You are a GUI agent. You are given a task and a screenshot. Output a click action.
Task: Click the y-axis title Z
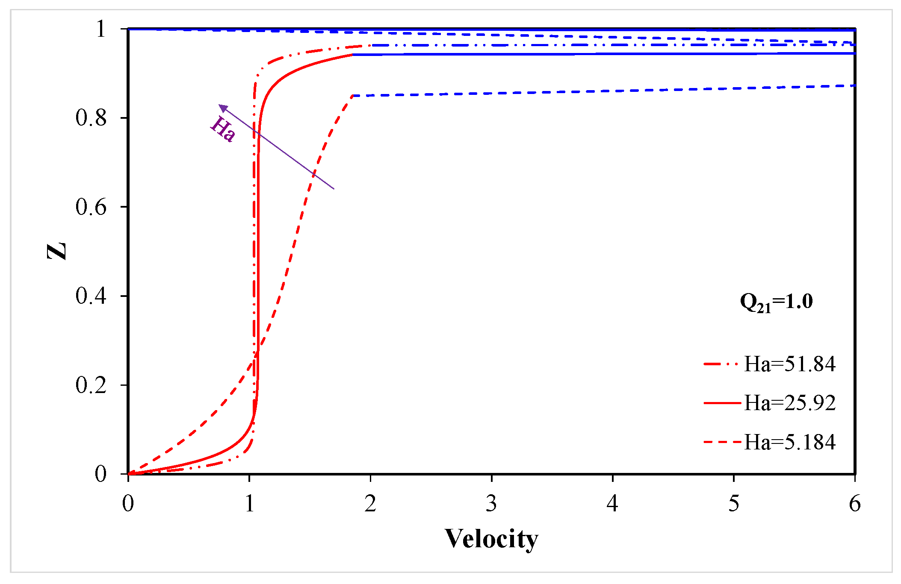click(x=57, y=251)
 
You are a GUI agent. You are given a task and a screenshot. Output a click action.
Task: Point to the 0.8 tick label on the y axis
click(x=91, y=117)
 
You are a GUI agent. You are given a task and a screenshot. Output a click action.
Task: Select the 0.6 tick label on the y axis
click(x=91, y=207)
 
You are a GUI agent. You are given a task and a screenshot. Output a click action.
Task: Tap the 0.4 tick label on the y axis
click(x=91, y=296)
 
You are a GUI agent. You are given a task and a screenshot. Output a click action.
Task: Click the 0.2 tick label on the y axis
click(x=91, y=384)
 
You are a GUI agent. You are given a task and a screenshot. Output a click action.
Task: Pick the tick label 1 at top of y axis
click(x=101, y=29)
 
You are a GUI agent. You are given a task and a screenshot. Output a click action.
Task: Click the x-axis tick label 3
click(x=491, y=503)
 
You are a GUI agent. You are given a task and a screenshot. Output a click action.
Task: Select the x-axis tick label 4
click(x=612, y=503)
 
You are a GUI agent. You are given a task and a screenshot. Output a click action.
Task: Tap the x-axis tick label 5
click(x=734, y=503)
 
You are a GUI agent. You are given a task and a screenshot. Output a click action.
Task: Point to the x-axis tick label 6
click(x=854, y=503)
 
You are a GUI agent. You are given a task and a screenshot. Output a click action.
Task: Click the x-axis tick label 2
click(x=370, y=503)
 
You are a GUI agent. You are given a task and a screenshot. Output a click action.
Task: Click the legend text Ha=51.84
click(x=789, y=364)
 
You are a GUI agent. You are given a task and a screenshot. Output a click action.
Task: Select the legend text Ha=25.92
click(x=789, y=403)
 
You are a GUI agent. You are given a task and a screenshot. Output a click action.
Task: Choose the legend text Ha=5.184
click(x=789, y=442)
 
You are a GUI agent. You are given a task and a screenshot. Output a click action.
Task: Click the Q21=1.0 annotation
click(x=776, y=302)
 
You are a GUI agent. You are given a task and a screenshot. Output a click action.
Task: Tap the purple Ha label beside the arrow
click(x=223, y=129)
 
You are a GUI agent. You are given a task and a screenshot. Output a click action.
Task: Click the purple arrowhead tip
click(x=220, y=105)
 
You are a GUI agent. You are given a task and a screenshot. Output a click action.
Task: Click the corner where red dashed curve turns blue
click(x=353, y=95)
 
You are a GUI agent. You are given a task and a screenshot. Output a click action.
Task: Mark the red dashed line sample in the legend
click(x=722, y=442)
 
